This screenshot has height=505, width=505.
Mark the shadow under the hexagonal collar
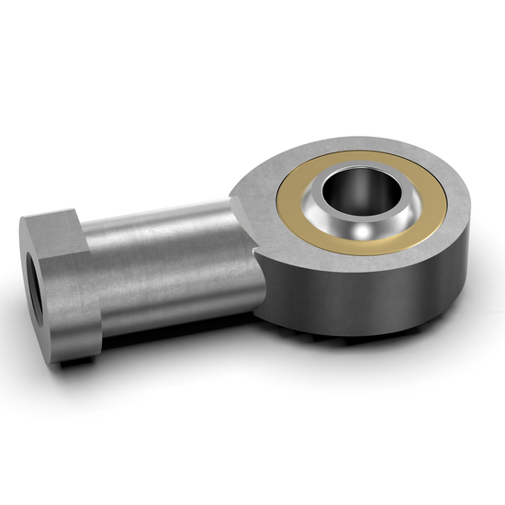[x=83, y=360]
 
